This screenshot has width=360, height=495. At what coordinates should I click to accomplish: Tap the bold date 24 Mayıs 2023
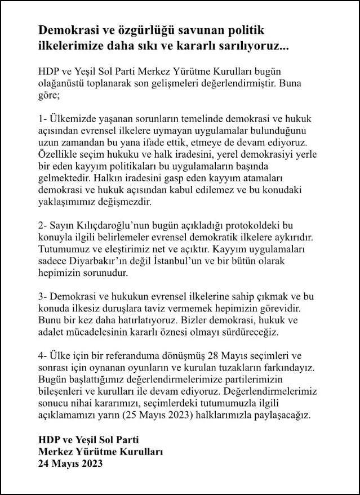point(71,465)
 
